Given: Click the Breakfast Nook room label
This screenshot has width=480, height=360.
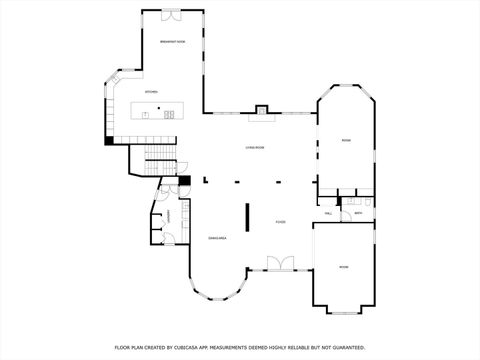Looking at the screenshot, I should (x=173, y=41).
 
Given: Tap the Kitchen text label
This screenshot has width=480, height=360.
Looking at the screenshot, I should (x=151, y=92).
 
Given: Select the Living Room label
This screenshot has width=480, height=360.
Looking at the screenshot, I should (x=255, y=148).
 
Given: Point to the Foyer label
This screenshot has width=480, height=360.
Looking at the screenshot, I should (x=282, y=222).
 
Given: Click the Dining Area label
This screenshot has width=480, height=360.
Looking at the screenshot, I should (x=217, y=238).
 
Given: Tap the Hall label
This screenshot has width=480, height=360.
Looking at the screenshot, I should (x=328, y=213).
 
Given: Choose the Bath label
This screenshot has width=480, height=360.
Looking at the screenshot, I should (x=358, y=213).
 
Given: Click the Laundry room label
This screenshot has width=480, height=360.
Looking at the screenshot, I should (x=169, y=215).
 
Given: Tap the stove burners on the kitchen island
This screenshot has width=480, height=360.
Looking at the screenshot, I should (x=169, y=114).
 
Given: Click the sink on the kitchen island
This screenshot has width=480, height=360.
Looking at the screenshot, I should (x=146, y=114).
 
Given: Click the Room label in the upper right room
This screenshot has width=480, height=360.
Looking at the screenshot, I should (x=345, y=140).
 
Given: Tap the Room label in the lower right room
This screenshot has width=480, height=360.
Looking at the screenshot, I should (x=343, y=267).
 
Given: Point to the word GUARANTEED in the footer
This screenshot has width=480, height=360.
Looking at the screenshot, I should (x=345, y=347).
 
